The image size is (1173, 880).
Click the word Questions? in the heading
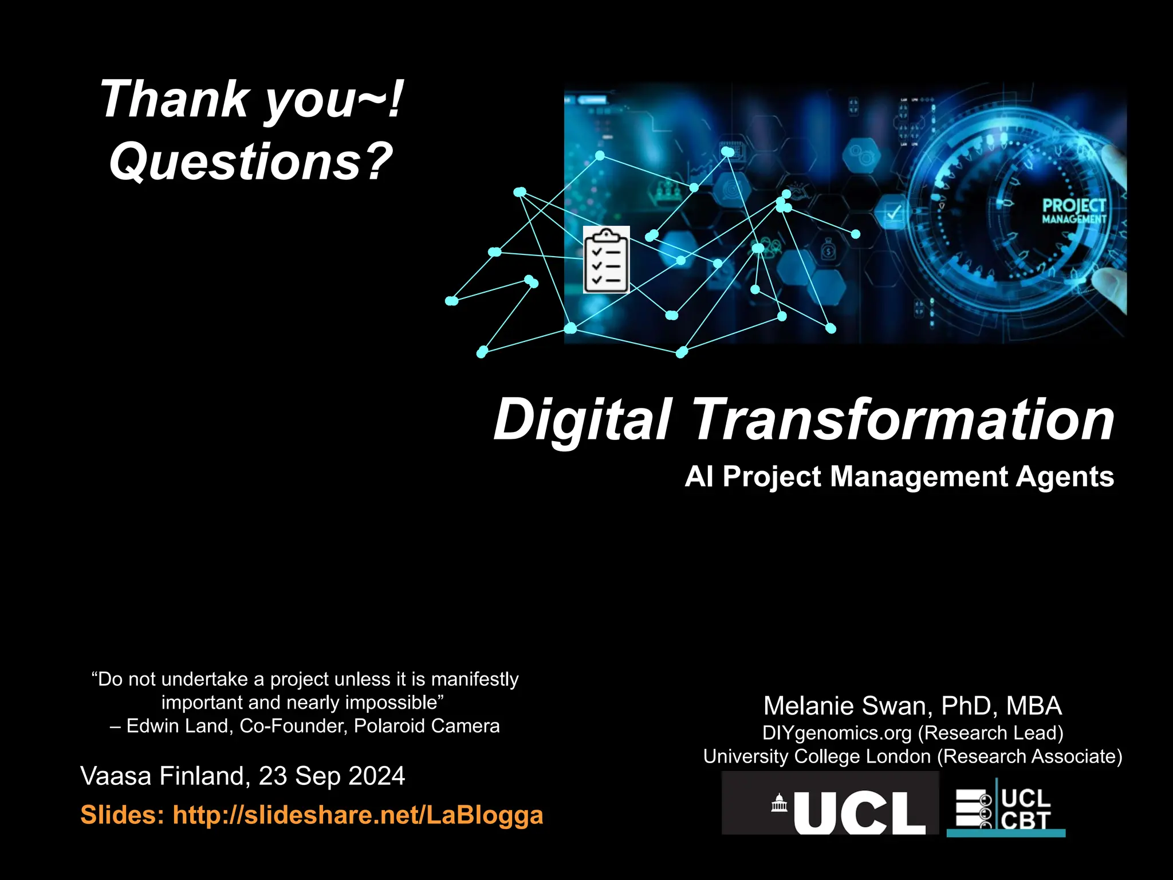[x=251, y=162]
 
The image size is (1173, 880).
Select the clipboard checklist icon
[x=606, y=260]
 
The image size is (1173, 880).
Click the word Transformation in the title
[x=903, y=420]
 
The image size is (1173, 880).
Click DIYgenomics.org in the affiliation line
[x=836, y=733]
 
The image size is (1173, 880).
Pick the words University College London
[x=817, y=756]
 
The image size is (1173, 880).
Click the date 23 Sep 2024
[x=332, y=776]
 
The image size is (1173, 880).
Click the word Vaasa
[x=116, y=776]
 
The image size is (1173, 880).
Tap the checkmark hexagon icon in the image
[x=893, y=213]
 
